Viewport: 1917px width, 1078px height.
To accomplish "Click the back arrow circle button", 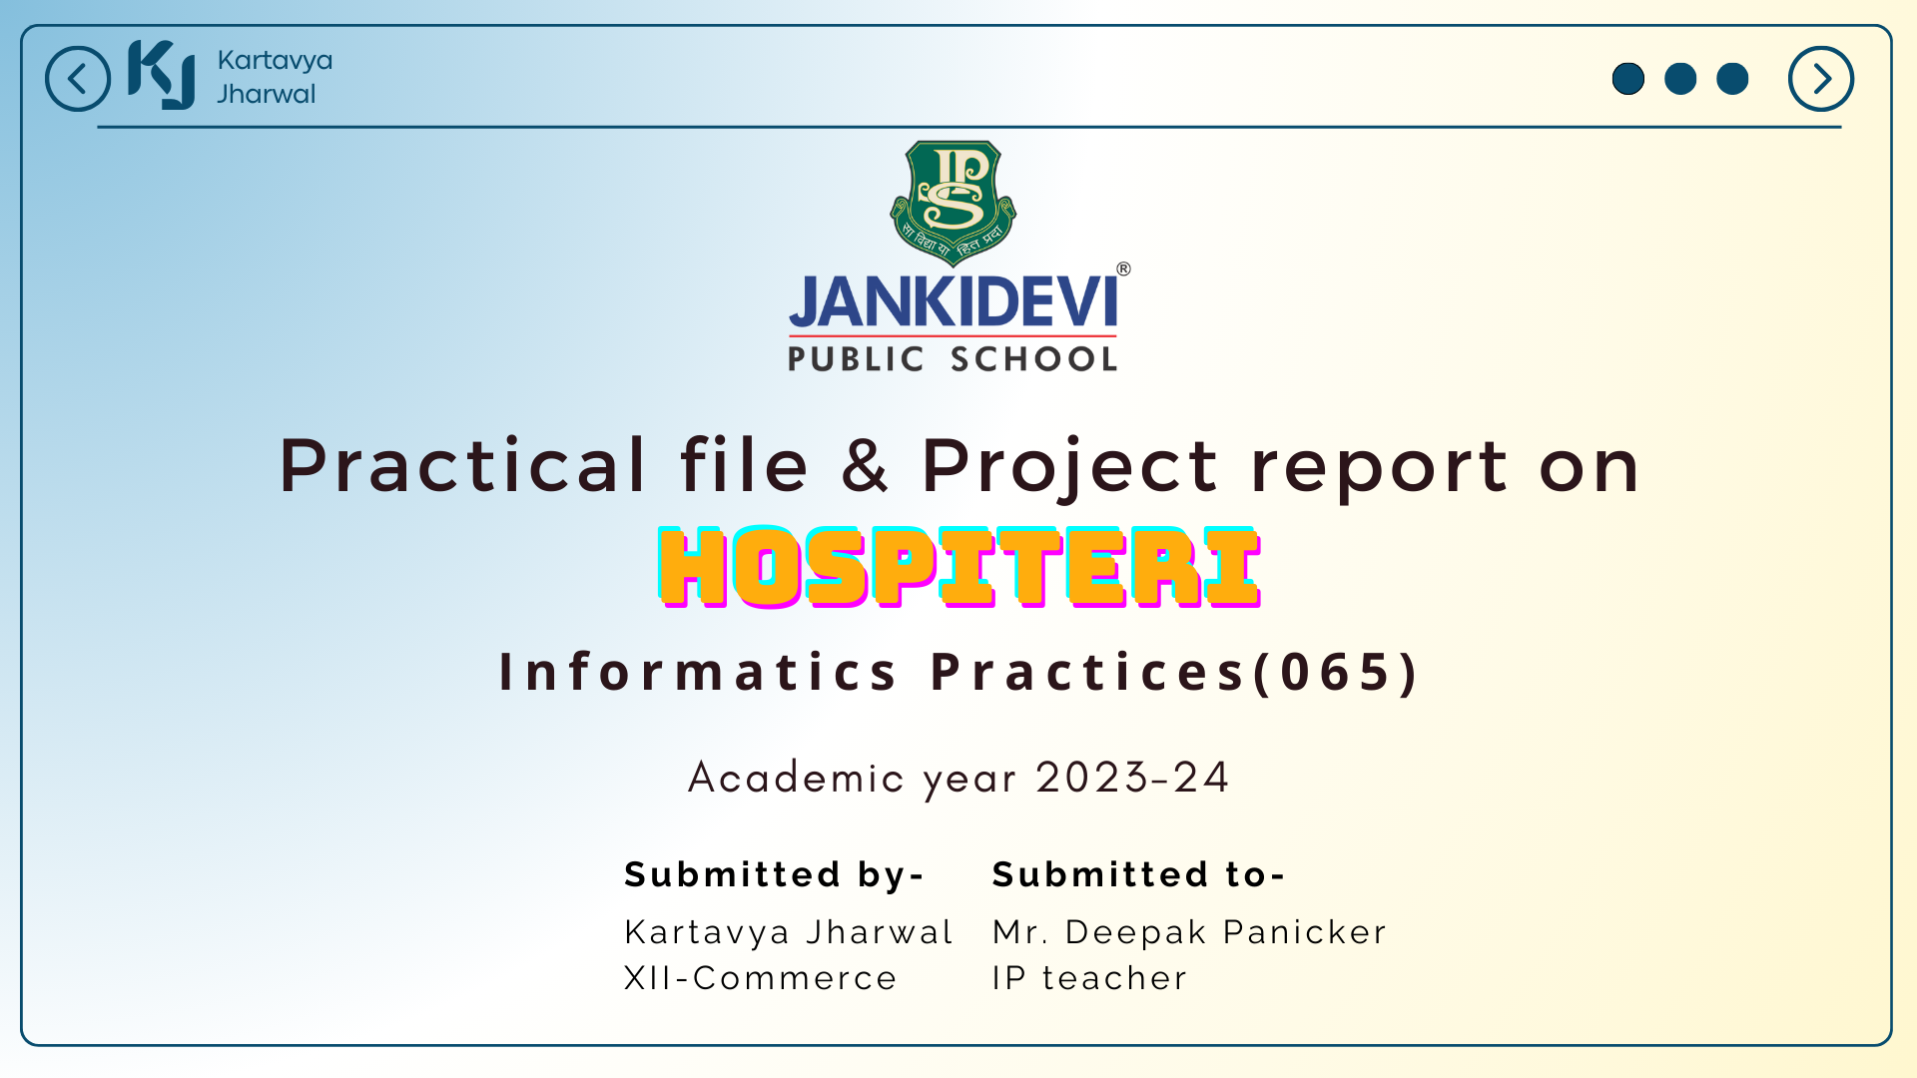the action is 78,79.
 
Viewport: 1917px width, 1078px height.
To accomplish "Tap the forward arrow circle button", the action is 1821,79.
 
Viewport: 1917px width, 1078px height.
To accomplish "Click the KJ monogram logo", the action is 162,75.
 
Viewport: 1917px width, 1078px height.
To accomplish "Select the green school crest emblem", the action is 954,203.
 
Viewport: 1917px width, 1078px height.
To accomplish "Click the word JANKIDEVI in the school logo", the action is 954,301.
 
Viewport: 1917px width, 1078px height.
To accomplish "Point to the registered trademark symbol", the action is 1123,269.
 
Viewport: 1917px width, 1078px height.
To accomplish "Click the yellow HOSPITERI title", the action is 959,567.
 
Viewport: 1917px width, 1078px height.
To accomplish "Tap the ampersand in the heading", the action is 865,465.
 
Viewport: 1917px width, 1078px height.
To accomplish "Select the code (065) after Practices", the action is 1336,672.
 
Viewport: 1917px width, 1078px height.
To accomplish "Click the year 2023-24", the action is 1132,778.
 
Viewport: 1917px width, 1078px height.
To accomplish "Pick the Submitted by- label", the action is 775,874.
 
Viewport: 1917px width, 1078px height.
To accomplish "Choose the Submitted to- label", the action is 1138,874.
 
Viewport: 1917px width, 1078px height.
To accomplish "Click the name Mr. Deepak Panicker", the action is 1189,932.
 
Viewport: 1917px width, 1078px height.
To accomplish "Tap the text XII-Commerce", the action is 761,978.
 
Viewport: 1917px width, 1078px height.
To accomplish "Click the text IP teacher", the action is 1089,978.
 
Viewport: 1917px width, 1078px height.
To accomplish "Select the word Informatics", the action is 699,672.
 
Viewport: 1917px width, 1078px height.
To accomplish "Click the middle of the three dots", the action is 1680,79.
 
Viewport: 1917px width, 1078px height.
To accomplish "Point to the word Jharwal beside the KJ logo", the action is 267,94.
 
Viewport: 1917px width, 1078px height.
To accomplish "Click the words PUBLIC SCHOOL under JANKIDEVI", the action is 954,359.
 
